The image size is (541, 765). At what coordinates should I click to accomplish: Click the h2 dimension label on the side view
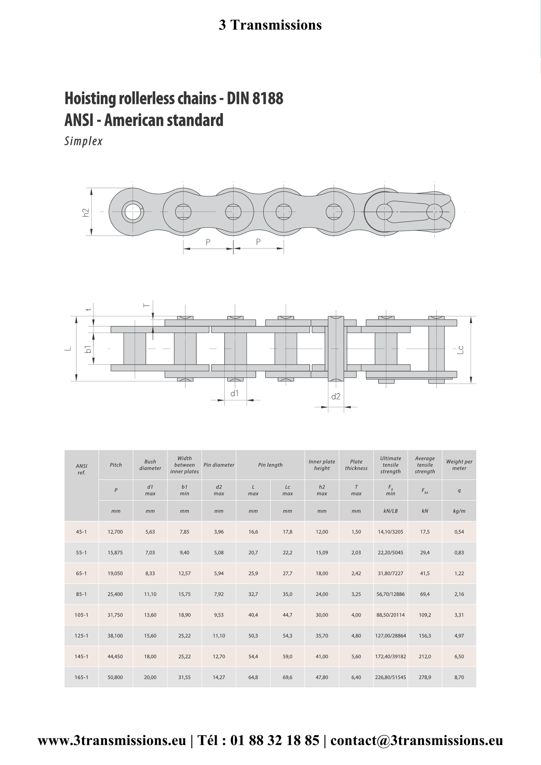(x=86, y=212)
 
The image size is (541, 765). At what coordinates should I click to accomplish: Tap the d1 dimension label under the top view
(x=234, y=393)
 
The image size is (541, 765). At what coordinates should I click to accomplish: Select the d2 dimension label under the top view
(x=336, y=397)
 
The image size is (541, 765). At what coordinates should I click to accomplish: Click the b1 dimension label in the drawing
(x=88, y=349)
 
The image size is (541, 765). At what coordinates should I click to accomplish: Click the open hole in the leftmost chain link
(x=133, y=212)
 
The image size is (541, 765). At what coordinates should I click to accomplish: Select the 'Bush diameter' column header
(x=150, y=465)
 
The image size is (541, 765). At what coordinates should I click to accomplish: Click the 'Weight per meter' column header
(x=459, y=465)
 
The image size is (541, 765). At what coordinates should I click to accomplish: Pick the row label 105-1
(x=81, y=615)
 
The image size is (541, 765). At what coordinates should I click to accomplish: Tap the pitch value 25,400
(x=115, y=594)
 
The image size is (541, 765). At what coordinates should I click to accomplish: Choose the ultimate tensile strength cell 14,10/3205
(x=391, y=532)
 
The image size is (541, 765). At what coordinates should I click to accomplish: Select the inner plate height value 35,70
(x=322, y=636)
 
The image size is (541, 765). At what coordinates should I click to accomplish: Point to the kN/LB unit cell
(x=391, y=511)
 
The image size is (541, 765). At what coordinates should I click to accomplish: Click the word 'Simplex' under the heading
(x=84, y=141)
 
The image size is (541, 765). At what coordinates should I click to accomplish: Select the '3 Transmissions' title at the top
(x=270, y=25)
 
